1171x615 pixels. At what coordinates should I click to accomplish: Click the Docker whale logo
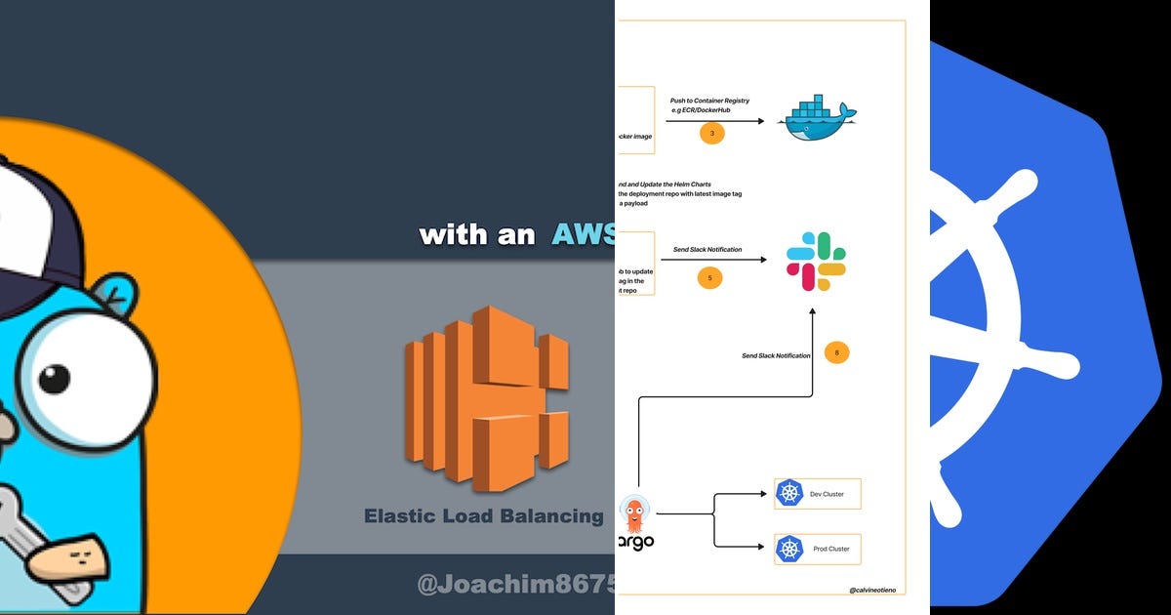pos(817,119)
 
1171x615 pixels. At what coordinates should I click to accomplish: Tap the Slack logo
pos(816,261)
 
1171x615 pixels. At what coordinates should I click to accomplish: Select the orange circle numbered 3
pos(711,132)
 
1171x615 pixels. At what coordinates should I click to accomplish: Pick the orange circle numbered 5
pos(710,277)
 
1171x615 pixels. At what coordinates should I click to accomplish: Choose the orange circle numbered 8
pos(836,351)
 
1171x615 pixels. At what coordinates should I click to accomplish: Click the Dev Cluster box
pos(817,494)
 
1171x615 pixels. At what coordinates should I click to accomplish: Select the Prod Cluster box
pos(817,549)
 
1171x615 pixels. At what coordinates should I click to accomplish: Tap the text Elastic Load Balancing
pos(483,515)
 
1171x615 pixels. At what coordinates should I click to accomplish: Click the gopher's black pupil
pos(54,378)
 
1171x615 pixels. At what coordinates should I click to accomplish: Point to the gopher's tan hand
pos(63,557)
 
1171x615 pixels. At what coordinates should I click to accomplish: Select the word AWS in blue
pos(583,233)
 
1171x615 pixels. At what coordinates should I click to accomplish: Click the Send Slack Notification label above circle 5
pos(707,250)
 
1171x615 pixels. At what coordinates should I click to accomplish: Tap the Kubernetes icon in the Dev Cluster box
pos(788,494)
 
